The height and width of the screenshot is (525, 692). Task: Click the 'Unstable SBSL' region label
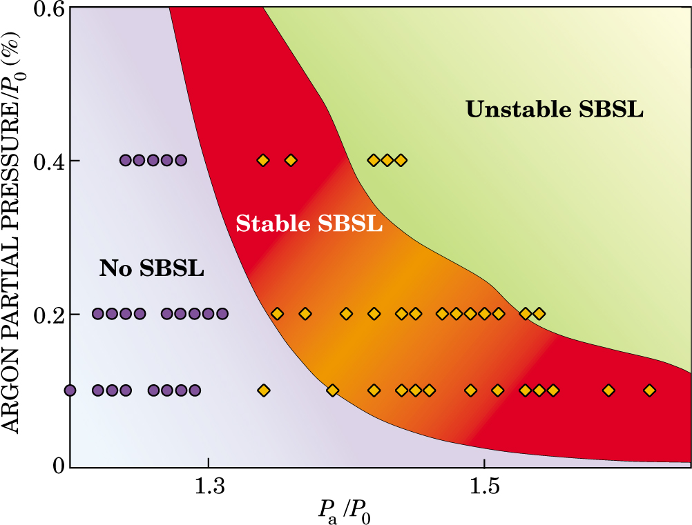555,109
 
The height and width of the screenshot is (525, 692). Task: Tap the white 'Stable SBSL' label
309,224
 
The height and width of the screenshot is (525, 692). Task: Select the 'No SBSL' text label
152,268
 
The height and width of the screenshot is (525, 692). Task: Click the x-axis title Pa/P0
347,511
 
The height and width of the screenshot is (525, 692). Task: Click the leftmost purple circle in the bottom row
70,390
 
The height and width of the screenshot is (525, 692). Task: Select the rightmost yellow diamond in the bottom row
649,390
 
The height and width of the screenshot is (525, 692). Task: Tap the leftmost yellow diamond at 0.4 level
262,161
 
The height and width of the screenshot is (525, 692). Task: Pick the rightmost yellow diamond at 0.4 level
401,161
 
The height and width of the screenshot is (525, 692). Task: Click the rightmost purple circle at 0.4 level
180,161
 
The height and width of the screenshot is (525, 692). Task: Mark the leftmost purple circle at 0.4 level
125,161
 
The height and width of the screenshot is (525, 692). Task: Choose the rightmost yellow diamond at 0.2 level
539,314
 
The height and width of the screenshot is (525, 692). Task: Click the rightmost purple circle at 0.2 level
222,314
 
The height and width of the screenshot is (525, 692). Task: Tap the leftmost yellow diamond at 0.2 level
277,314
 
